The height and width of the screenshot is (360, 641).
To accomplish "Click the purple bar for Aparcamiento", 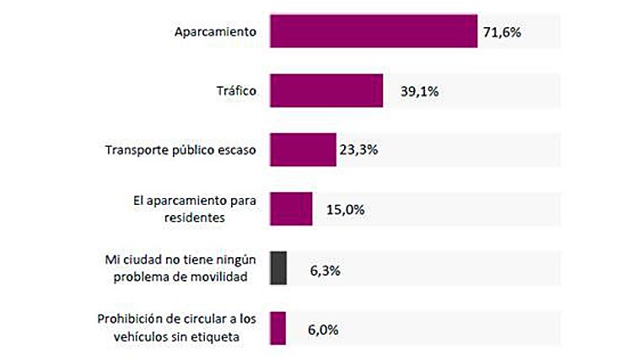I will pos(373,31).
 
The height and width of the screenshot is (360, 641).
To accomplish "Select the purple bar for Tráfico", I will pos(326,90).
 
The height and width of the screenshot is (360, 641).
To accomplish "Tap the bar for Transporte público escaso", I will pos(302,150).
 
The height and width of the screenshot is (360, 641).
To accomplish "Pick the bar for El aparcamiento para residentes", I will pos(290,209).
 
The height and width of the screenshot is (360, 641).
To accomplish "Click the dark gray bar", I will pos(278,268).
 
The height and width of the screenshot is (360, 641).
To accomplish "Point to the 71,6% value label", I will pos(502,32).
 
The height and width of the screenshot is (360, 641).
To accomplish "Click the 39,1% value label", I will pos(418,91).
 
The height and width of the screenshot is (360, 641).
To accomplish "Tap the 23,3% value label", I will pos(358,150).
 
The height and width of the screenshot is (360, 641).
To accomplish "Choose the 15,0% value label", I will pos(345,210).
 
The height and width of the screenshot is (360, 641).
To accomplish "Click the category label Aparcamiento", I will pos(215,32).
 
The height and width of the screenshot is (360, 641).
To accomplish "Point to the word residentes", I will pos(225,218).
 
